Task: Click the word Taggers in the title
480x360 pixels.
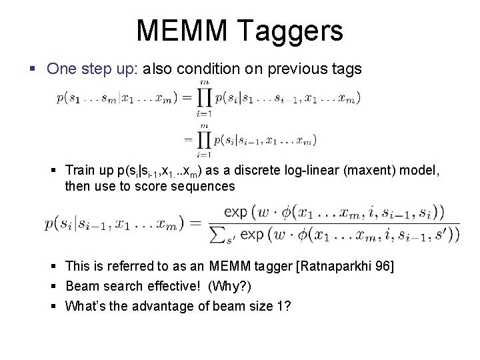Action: point(295,31)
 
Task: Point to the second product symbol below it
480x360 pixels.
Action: point(203,139)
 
